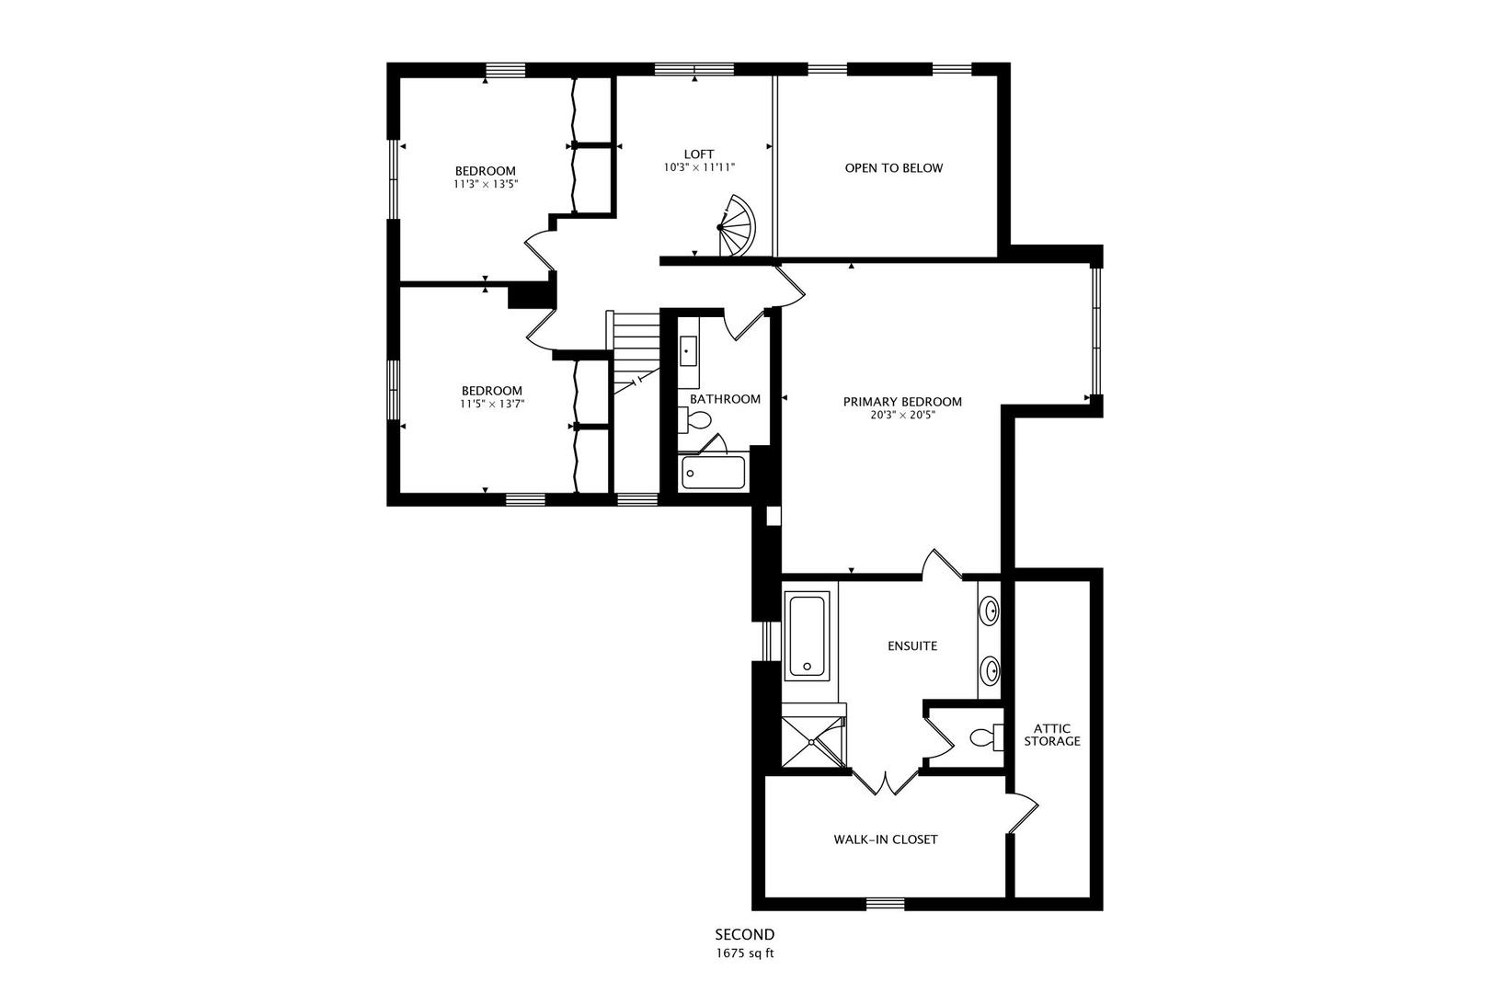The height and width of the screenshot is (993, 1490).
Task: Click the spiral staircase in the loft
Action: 737,226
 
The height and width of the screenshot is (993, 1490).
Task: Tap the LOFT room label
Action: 699,154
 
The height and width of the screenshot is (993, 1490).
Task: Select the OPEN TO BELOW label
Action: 894,168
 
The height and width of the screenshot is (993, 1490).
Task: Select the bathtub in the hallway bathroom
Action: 714,473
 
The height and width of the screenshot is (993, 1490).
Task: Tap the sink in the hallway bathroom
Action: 688,351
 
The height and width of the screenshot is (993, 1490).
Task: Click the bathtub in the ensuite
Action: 807,636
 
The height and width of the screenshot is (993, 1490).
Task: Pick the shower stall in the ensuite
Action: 812,741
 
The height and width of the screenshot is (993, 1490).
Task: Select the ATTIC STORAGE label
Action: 1052,735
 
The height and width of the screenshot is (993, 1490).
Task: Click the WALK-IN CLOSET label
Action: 886,839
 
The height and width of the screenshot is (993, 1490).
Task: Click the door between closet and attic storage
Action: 1023,815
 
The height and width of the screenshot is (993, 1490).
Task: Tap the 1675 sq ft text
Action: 745,953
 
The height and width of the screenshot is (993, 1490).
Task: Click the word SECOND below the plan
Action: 745,935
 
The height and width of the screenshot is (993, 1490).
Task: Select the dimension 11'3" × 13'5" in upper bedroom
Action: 486,184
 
